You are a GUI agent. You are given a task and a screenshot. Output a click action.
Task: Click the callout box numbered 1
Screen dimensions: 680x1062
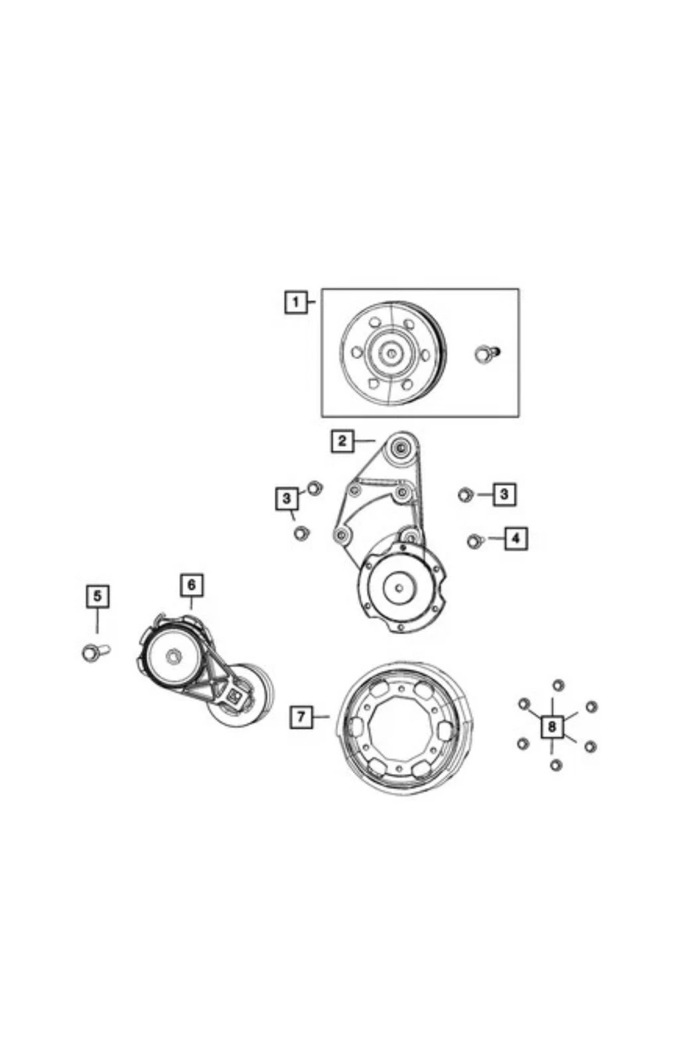click(x=296, y=301)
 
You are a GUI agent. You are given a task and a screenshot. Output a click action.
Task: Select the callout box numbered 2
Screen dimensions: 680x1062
click(x=342, y=441)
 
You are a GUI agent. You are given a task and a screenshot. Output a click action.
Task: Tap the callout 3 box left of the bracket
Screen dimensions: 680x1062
click(x=287, y=498)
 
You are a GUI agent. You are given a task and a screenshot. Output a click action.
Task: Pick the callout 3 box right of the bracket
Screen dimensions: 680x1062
click(x=504, y=494)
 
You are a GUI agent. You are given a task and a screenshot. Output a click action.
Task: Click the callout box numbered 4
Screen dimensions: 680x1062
click(x=515, y=538)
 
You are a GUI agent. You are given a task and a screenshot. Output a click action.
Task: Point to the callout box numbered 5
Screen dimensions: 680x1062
click(x=97, y=597)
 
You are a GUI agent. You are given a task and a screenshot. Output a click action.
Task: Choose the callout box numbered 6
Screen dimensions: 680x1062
click(x=192, y=585)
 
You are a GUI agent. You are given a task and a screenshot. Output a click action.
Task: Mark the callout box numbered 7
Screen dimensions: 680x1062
click(x=301, y=716)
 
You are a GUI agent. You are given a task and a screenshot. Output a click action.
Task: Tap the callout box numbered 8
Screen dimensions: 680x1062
click(x=552, y=726)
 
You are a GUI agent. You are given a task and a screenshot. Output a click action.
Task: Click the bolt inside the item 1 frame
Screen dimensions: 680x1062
click(x=486, y=353)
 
